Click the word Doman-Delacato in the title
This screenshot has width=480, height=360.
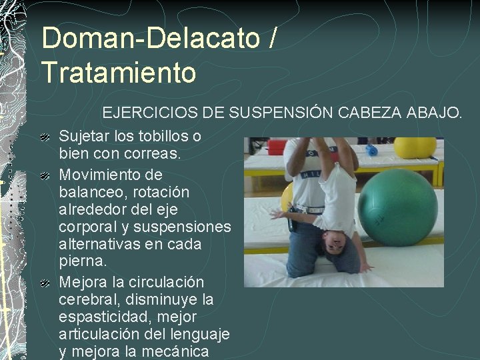(151, 38)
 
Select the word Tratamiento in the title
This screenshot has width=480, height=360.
(119, 72)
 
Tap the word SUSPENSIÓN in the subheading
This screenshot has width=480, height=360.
(281, 113)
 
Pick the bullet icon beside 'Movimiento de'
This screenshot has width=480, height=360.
(45, 176)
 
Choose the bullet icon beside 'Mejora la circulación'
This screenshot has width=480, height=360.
(45, 283)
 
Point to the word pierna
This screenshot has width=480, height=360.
(81, 261)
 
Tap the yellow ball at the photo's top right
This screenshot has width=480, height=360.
(414, 147)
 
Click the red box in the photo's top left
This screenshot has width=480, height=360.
(276, 146)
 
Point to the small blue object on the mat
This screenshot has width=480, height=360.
(371, 150)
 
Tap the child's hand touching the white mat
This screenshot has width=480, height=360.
(365, 268)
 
